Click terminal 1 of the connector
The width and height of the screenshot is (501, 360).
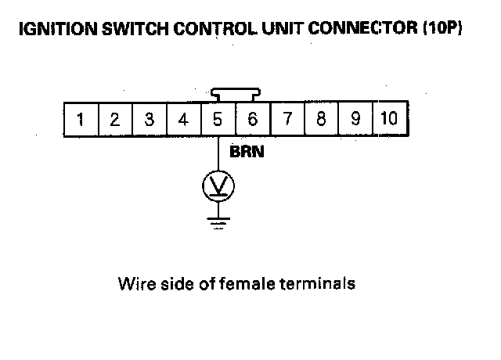pos(80,120)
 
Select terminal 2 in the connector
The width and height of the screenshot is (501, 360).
pos(114,120)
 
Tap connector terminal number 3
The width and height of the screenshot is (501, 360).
pos(149,120)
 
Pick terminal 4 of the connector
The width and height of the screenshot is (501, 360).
pos(183,120)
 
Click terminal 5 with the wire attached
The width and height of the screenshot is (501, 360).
pos(218,120)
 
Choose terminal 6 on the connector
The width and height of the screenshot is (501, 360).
pos(252,120)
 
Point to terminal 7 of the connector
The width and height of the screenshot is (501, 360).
pos(287,120)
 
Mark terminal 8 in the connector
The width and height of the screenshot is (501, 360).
pos(321,120)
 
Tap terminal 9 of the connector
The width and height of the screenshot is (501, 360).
pos(355,120)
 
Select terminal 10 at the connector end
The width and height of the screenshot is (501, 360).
pos(389,120)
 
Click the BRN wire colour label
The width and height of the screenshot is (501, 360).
pos(247,153)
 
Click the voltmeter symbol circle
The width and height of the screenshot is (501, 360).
pos(218,185)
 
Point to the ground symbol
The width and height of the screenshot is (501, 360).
pos(218,225)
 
